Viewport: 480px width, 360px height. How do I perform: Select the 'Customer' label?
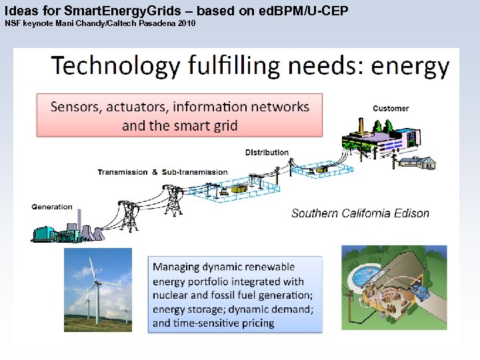tap(391, 109)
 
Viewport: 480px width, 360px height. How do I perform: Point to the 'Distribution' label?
tap(267, 152)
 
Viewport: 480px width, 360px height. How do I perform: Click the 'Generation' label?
tap(52, 207)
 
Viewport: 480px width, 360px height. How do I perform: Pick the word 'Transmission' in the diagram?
tap(123, 172)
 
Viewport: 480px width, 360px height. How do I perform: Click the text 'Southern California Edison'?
tap(360, 213)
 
